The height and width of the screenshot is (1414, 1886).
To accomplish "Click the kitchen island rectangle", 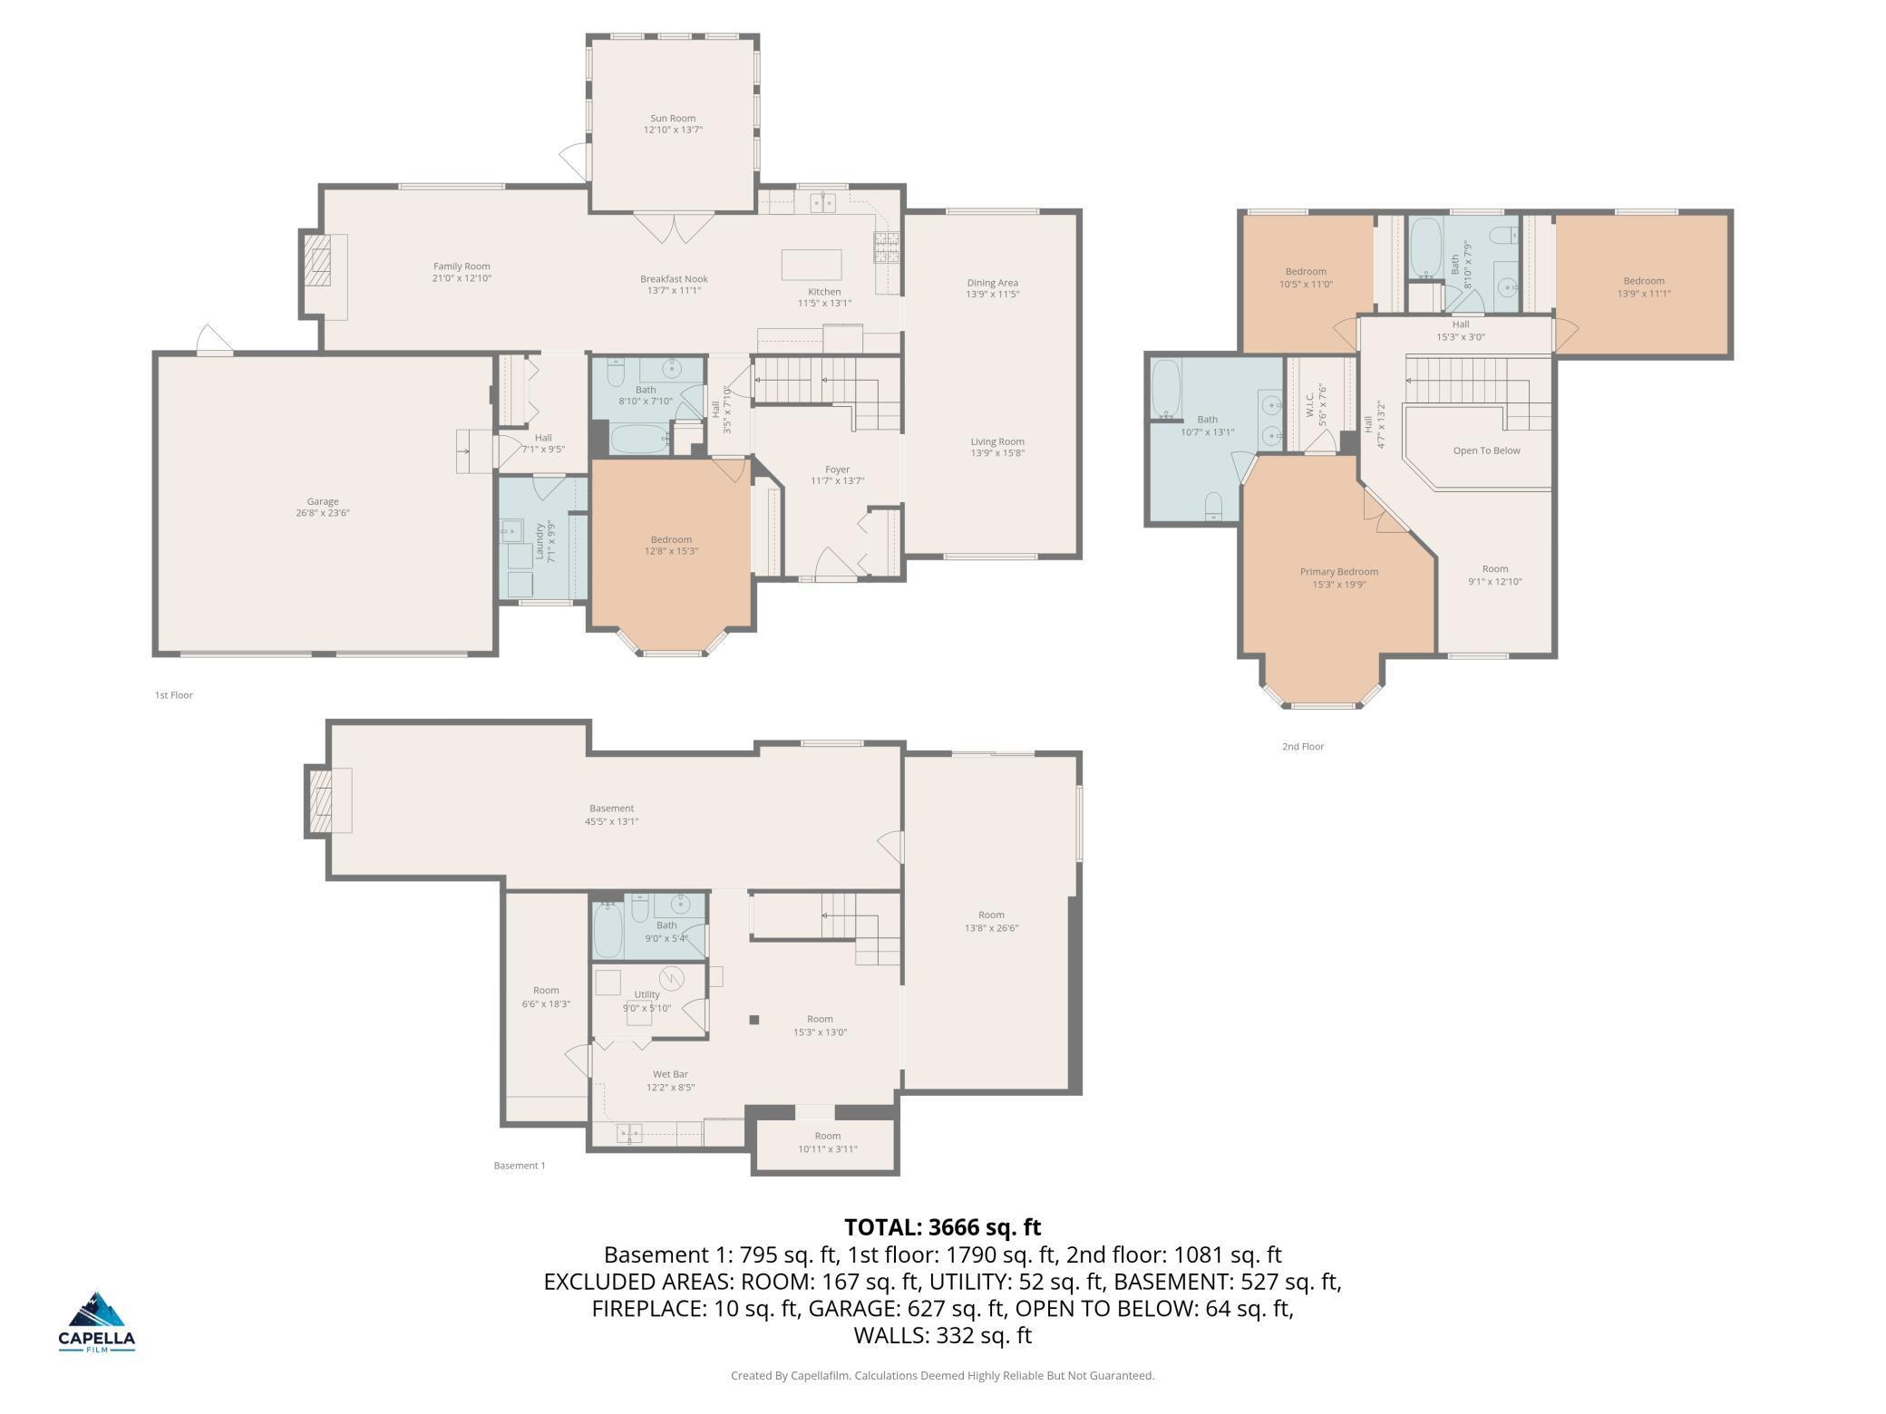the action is [812, 265].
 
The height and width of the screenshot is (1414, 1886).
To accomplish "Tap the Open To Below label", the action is [1486, 450].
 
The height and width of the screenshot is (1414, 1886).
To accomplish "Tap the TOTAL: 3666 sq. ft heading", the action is [943, 1226].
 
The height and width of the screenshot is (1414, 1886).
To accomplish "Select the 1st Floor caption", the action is [173, 695].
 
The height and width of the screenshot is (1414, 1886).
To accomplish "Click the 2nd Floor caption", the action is [1303, 747].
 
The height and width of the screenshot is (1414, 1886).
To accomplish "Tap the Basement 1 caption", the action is [520, 1166].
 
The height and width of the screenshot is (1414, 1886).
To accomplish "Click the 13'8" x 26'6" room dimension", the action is [991, 928].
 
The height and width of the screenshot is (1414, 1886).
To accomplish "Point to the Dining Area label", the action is [992, 283].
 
